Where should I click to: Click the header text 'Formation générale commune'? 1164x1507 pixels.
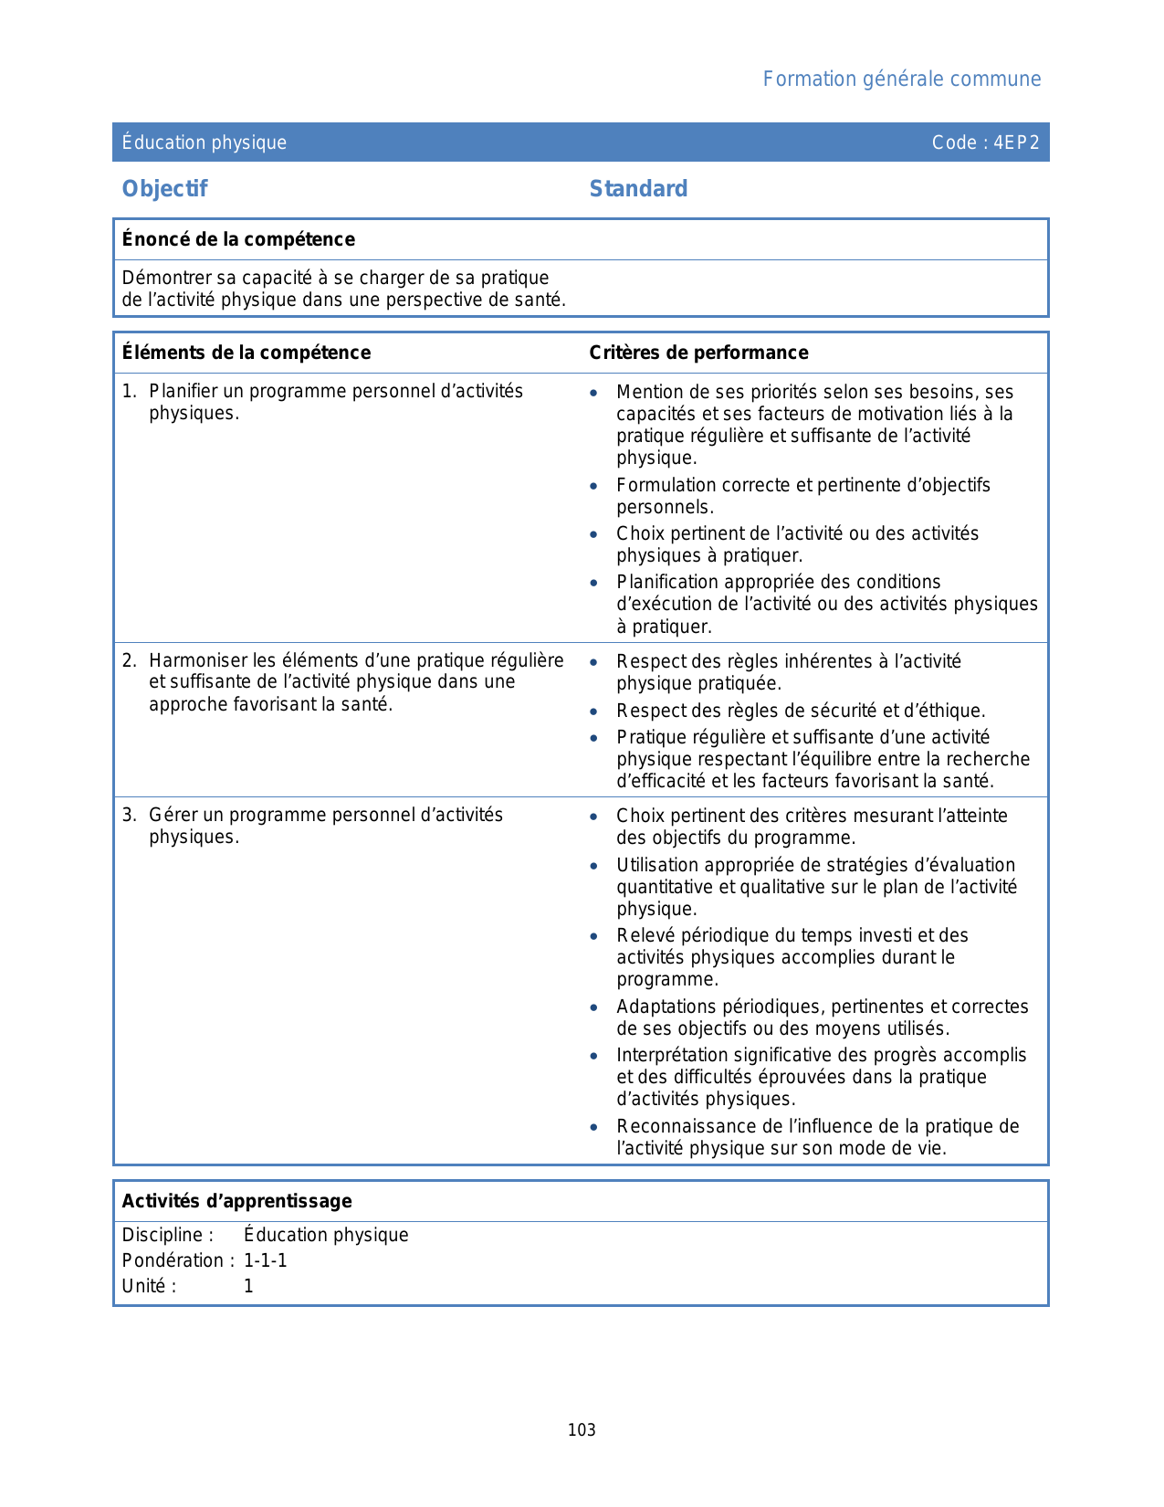click(901, 79)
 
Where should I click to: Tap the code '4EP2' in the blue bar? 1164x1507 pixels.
click(1016, 142)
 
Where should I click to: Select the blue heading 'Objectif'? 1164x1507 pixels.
click(164, 189)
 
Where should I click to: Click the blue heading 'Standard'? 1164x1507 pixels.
click(638, 189)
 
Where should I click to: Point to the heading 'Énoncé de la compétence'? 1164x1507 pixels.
click(238, 239)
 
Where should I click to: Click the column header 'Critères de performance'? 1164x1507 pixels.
click(698, 353)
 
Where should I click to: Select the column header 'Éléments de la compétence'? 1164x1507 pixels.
click(246, 353)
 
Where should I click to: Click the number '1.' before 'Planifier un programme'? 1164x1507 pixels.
click(130, 392)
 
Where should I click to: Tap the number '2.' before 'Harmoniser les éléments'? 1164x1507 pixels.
click(130, 660)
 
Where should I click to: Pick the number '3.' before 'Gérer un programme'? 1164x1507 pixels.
click(130, 815)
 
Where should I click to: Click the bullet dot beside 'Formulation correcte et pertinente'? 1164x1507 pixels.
click(594, 486)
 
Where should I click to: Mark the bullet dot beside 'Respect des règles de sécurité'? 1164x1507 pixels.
click(594, 711)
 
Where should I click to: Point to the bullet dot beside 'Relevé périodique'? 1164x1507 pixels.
click(594, 936)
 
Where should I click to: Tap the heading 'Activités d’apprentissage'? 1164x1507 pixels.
click(236, 1201)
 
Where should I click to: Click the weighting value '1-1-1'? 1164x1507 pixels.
click(266, 1260)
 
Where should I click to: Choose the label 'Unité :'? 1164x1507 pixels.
click(149, 1286)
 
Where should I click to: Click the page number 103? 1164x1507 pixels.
click(582, 1430)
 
